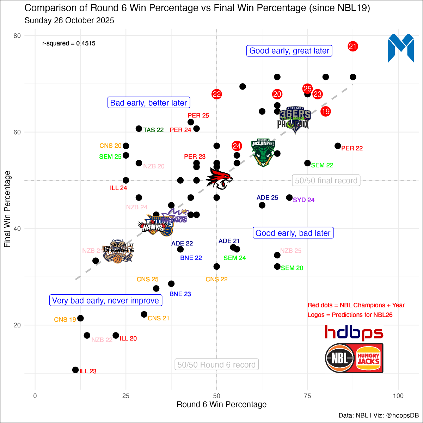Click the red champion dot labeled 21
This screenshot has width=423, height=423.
(x=353, y=46)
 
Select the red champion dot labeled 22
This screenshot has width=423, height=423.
(x=217, y=94)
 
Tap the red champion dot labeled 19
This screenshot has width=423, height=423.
(x=326, y=112)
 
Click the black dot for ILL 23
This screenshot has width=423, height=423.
(x=75, y=370)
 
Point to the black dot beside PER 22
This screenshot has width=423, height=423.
(x=338, y=146)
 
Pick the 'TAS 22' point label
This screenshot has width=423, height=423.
(x=153, y=130)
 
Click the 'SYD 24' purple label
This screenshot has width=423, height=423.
(x=304, y=200)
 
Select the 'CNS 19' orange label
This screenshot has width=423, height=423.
(x=65, y=320)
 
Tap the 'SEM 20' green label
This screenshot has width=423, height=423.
(x=292, y=268)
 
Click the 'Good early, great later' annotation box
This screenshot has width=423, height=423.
(x=289, y=51)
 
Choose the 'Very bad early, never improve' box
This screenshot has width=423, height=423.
(x=105, y=301)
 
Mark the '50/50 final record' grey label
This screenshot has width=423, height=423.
(x=326, y=181)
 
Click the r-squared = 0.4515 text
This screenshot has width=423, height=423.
(x=69, y=44)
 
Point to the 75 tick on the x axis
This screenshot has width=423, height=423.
(x=307, y=396)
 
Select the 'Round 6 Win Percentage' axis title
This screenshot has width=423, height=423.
(x=221, y=405)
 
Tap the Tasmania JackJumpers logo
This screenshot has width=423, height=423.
(x=263, y=152)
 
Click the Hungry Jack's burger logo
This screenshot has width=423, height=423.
(x=368, y=358)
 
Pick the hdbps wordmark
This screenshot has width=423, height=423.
(x=354, y=333)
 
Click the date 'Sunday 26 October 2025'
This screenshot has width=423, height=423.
(x=69, y=21)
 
